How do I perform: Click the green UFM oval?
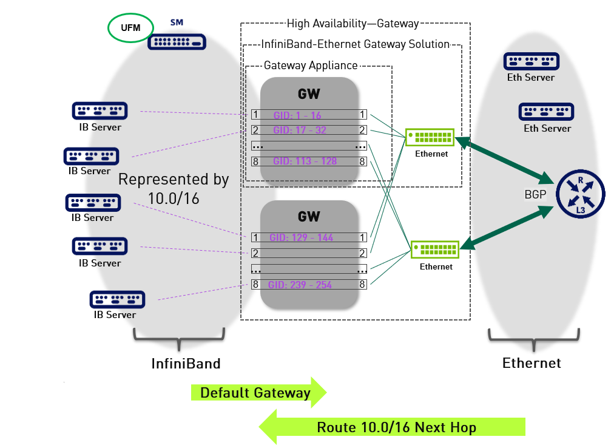pyautogui.click(x=130, y=27)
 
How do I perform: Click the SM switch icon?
pyautogui.click(x=177, y=41)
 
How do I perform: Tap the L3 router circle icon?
pyautogui.click(x=580, y=193)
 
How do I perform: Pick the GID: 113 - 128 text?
pyautogui.click(x=305, y=161)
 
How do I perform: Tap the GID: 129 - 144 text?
pyautogui.click(x=302, y=237)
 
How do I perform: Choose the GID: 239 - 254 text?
pyautogui.click(x=300, y=285)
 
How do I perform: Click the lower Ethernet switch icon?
pyautogui.click(x=435, y=250)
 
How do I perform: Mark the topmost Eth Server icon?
pyautogui.click(x=531, y=62)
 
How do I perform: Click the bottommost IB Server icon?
pyautogui.click(x=117, y=300)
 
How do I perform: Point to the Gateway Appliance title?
pyautogui.click(x=311, y=66)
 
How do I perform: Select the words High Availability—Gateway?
pyautogui.click(x=353, y=24)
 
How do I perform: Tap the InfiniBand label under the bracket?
pyautogui.click(x=186, y=364)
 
